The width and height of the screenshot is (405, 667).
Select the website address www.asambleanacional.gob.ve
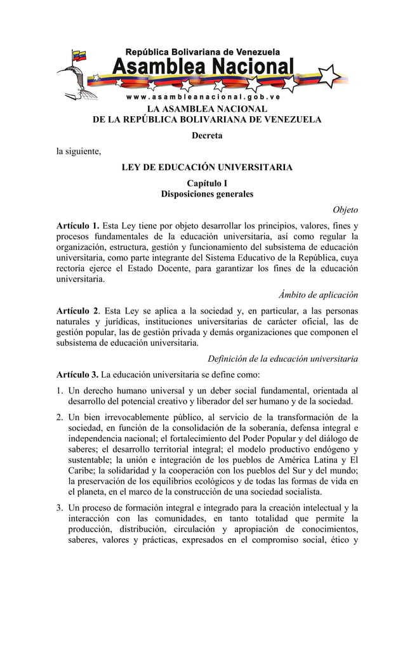203,97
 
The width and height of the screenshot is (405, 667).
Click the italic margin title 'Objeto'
345,210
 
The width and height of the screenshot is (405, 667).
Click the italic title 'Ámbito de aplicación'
318,295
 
